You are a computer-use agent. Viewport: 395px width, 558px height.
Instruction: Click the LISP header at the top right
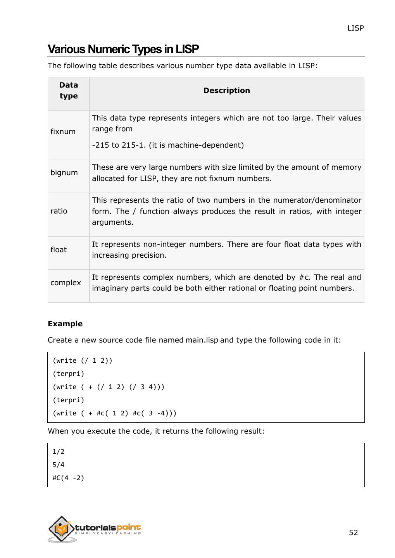coord(355,28)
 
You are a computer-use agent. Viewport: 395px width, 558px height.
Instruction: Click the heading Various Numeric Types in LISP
coord(123,49)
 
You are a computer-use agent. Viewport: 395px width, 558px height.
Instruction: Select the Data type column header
coord(69,91)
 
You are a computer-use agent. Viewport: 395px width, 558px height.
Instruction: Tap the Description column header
coord(226,90)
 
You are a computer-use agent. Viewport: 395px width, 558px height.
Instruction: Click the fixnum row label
coord(63,131)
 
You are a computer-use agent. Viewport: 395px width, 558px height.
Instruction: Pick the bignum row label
coord(64,172)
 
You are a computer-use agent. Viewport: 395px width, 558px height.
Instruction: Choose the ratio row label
coord(59,211)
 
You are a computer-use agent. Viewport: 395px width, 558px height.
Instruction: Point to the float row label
coord(59,250)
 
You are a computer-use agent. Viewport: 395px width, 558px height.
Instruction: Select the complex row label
coord(66,282)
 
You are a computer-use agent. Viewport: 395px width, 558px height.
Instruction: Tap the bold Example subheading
coord(65,324)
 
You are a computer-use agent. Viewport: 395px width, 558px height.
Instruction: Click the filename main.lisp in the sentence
coord(202,340)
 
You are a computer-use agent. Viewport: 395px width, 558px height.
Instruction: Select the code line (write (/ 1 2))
coord(82,360)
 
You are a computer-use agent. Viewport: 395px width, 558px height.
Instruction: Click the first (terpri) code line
coord(68,374)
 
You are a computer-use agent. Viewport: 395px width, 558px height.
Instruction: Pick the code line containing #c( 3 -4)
coord(114,413)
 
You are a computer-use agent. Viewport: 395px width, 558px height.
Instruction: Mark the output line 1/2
coord(59,451)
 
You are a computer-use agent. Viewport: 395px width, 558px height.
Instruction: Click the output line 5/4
coord(59,465)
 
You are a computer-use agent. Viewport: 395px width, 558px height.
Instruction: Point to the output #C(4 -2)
coord(68,478)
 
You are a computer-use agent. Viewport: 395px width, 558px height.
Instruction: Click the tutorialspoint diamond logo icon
coord(61,529)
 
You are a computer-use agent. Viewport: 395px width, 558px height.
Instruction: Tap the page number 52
coord(353,532)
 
